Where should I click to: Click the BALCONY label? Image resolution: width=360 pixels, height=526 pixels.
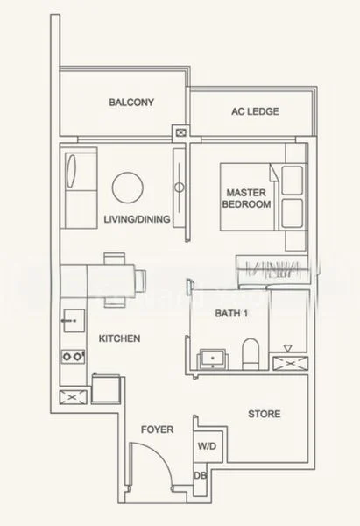[131, 102]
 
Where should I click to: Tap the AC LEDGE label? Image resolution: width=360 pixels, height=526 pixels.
[255, 111]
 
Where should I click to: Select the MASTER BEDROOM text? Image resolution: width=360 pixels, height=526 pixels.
[246, 198]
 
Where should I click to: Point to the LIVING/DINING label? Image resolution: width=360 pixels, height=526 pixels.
[137, 219]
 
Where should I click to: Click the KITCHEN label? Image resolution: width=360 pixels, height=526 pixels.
[119, 338]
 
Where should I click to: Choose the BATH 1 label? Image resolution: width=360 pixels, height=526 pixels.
[231, 313]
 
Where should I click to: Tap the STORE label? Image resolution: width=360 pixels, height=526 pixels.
[265, 414]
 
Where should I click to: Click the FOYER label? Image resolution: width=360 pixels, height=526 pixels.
[157, 430]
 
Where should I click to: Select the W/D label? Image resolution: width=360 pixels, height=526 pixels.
[207, 446]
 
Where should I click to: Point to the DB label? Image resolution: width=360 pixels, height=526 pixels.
[200, 475]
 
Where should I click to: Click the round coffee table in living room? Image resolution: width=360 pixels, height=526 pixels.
[128, 188]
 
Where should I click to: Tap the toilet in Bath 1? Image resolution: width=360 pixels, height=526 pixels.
[251, 353]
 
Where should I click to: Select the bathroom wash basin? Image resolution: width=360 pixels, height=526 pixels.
[213, 359]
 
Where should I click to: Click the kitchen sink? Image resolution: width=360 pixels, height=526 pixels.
[74, 321]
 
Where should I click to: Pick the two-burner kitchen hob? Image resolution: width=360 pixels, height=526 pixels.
[73, 357]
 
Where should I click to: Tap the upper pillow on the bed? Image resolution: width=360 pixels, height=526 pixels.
[292, 180]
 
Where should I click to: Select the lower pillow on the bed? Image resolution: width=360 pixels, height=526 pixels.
[292, 213]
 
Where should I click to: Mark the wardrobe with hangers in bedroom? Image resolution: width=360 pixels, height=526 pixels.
[272, 270]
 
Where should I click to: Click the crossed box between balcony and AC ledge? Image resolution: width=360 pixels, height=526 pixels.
[181, 133]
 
